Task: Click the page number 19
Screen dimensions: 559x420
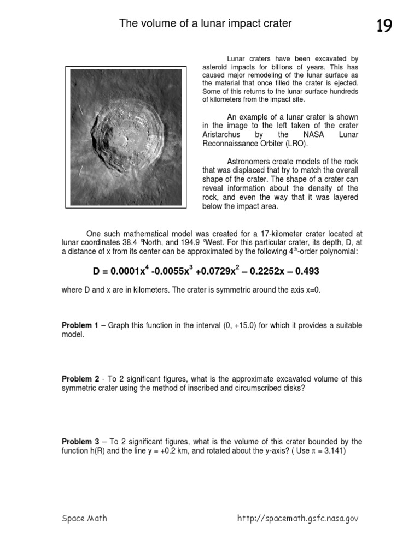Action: point(384,26)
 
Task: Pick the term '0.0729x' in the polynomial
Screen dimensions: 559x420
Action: point(211,272)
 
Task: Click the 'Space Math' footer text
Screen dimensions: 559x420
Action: point(84,519)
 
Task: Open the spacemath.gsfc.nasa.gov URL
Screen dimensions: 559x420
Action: point(297,519)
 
